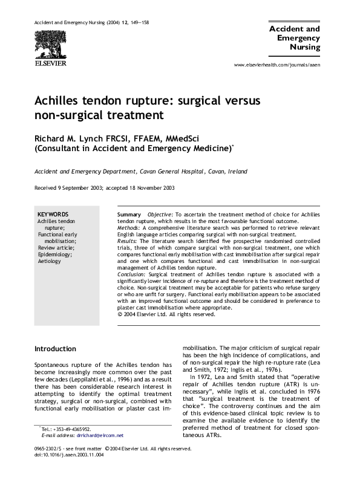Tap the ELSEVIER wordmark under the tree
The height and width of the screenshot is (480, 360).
(50, 62)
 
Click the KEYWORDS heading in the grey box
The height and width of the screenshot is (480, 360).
(53, 215)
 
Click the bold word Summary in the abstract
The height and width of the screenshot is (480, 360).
(129, 215)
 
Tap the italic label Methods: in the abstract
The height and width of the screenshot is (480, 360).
(129, 228)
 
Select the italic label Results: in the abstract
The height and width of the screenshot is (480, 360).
(128, 241)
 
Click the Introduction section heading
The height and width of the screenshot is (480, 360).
(55, 349)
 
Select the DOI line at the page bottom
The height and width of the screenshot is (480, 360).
(69, 472)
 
